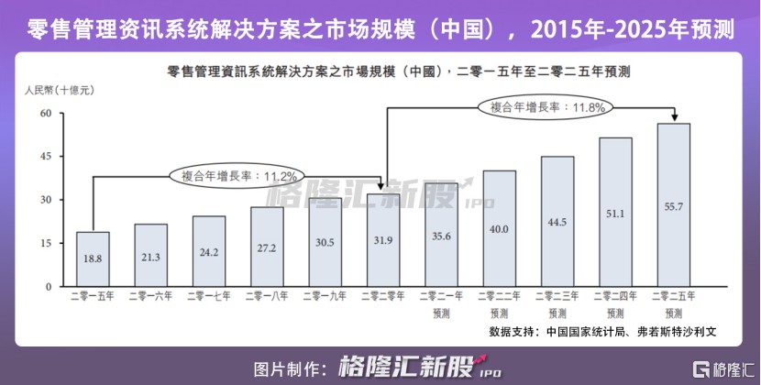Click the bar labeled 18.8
[92, 259]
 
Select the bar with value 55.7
[673, 205]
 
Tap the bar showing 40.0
[499, 229]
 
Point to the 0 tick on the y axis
[48, 287]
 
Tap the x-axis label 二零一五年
[92, 296]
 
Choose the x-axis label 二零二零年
[382, 296]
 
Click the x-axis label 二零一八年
[266, 296]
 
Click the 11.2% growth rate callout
[237, 175]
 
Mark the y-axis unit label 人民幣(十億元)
[56, 91]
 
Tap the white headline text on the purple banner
[380, 29]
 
